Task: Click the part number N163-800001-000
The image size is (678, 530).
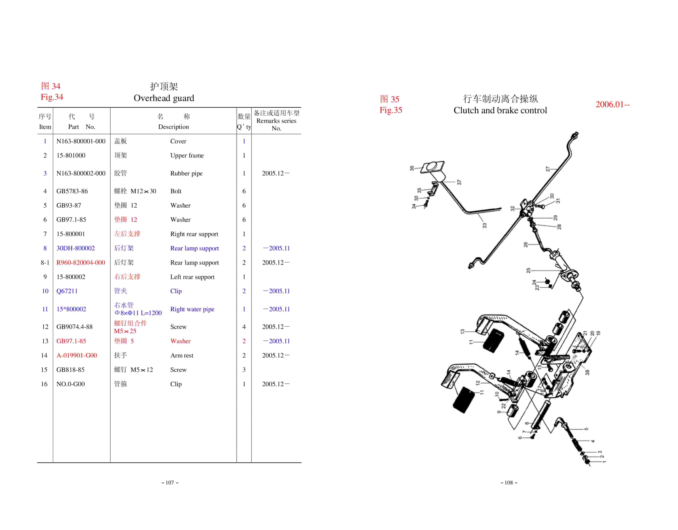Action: [x=81, y=141]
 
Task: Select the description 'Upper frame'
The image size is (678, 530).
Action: [x=187, y=155]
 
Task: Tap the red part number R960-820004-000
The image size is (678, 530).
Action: [x=81, y=263]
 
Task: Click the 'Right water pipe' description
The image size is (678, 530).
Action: [x=192, y=309]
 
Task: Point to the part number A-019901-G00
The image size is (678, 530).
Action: [x=77, y=355]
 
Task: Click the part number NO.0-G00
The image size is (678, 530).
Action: [x=70, y=384]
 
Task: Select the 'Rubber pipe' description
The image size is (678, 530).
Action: [x=186, y=174]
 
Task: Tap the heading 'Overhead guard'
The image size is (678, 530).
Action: [x=164, y=98]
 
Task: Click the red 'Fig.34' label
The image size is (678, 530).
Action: [x=52, y=97]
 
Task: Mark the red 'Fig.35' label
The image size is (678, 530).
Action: [x=391, y=110]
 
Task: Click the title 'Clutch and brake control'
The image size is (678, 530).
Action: [x=500, y=110]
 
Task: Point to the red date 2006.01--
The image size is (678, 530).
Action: [x=612, y=104]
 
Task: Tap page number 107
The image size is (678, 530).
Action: [x=170, y=483]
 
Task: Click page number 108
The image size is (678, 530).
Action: [x=509, y=483]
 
